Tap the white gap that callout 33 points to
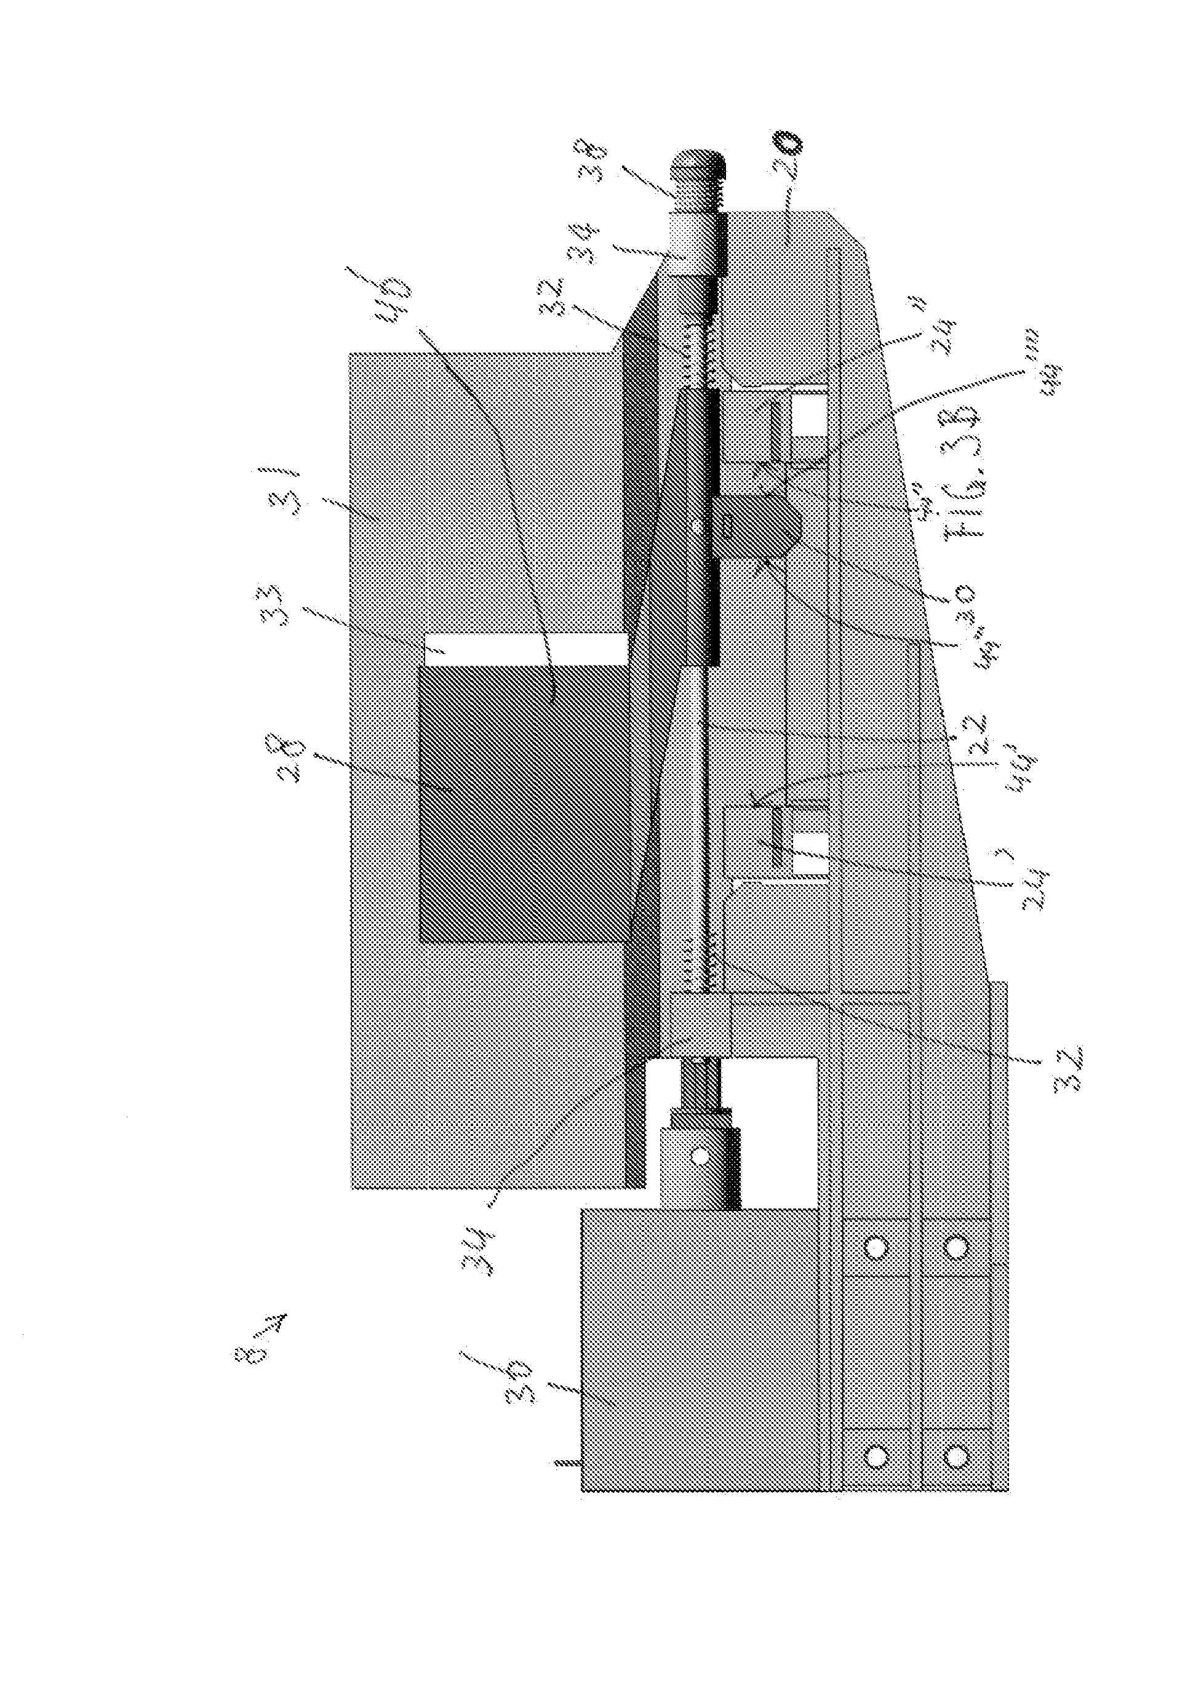pyautogui.click(x=525, y=649)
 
